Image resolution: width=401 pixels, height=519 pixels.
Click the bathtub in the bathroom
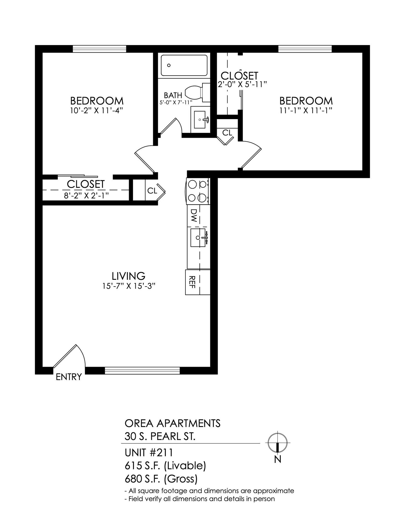click(x=184, y=65)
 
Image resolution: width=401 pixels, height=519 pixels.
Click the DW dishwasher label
click(x=194, y=215)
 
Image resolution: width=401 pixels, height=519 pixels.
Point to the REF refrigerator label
click(x=192, y=282)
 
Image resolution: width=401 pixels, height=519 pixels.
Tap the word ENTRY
click(x=69, y=377)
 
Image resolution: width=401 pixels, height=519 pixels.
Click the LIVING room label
click(x=128, y=276)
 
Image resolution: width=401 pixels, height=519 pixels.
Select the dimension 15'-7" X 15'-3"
click(x=128, y=286)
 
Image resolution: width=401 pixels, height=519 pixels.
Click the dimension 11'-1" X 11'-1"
click(x=306, y=111)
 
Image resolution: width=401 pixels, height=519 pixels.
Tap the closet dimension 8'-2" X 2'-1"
click(x=86, y=195)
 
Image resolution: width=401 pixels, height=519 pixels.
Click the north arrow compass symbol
click(x=278, y=443)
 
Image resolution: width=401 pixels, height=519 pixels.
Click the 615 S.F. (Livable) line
click(x=165, y=466)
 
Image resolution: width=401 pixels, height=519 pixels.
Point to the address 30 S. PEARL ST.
click(x=160, y=436)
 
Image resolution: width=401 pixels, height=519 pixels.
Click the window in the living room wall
click(x=142, y=370)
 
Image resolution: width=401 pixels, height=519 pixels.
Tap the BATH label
click(x=173, y=95)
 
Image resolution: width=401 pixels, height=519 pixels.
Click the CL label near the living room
click(x=152, y=191)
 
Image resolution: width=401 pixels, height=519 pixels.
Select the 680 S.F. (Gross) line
click(x=161, y=479)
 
